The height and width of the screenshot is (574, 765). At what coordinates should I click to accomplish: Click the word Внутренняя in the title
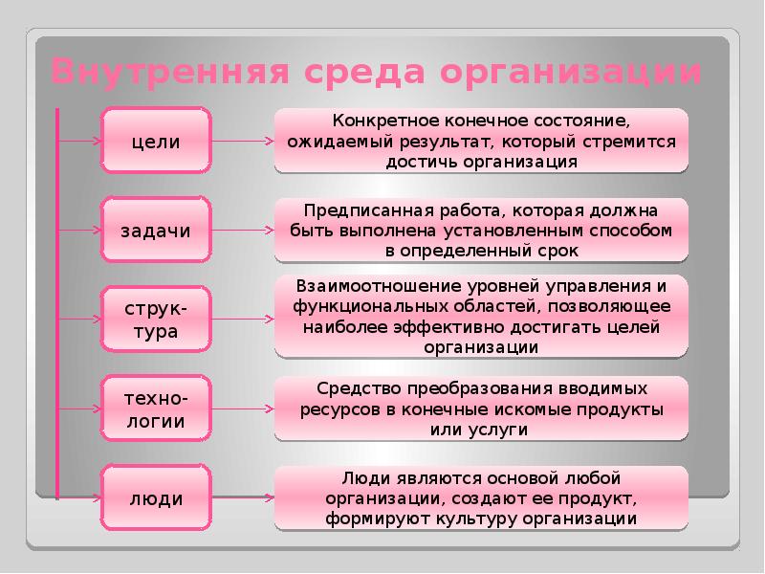click(171, 71)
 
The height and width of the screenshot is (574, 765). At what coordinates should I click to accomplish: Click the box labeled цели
click(156, 141)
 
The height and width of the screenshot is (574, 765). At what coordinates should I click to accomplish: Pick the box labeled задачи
click(156, 230)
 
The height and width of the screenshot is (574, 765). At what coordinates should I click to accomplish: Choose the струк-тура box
click(156, 320)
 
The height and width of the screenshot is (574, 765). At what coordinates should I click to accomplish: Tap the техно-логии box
click(156, 408)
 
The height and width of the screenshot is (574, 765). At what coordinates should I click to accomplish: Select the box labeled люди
click(156, 497)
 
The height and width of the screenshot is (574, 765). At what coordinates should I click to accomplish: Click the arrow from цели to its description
click(243, 141)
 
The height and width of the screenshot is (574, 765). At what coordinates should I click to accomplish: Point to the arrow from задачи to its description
click(243, 230)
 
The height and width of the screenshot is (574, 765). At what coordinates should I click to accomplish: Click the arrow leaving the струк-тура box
click(243, 320)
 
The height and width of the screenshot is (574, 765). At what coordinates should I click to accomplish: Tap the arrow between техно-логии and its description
click(243, 408)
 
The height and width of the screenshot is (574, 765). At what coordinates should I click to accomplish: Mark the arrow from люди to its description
click(243, 497)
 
